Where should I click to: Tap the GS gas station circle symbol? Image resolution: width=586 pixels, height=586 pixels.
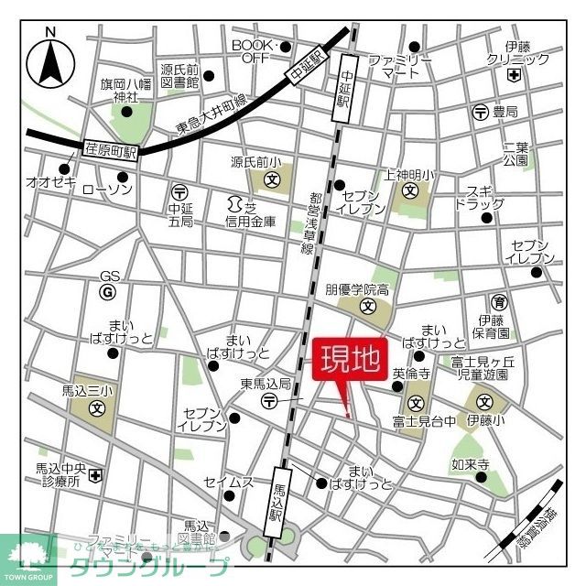coord(110,292)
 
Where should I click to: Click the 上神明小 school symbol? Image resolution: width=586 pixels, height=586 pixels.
coord(411,191)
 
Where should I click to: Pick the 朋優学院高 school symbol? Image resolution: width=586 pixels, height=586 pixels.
coord(368,307)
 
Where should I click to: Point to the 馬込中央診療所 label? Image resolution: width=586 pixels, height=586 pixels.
coord(58,474)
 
